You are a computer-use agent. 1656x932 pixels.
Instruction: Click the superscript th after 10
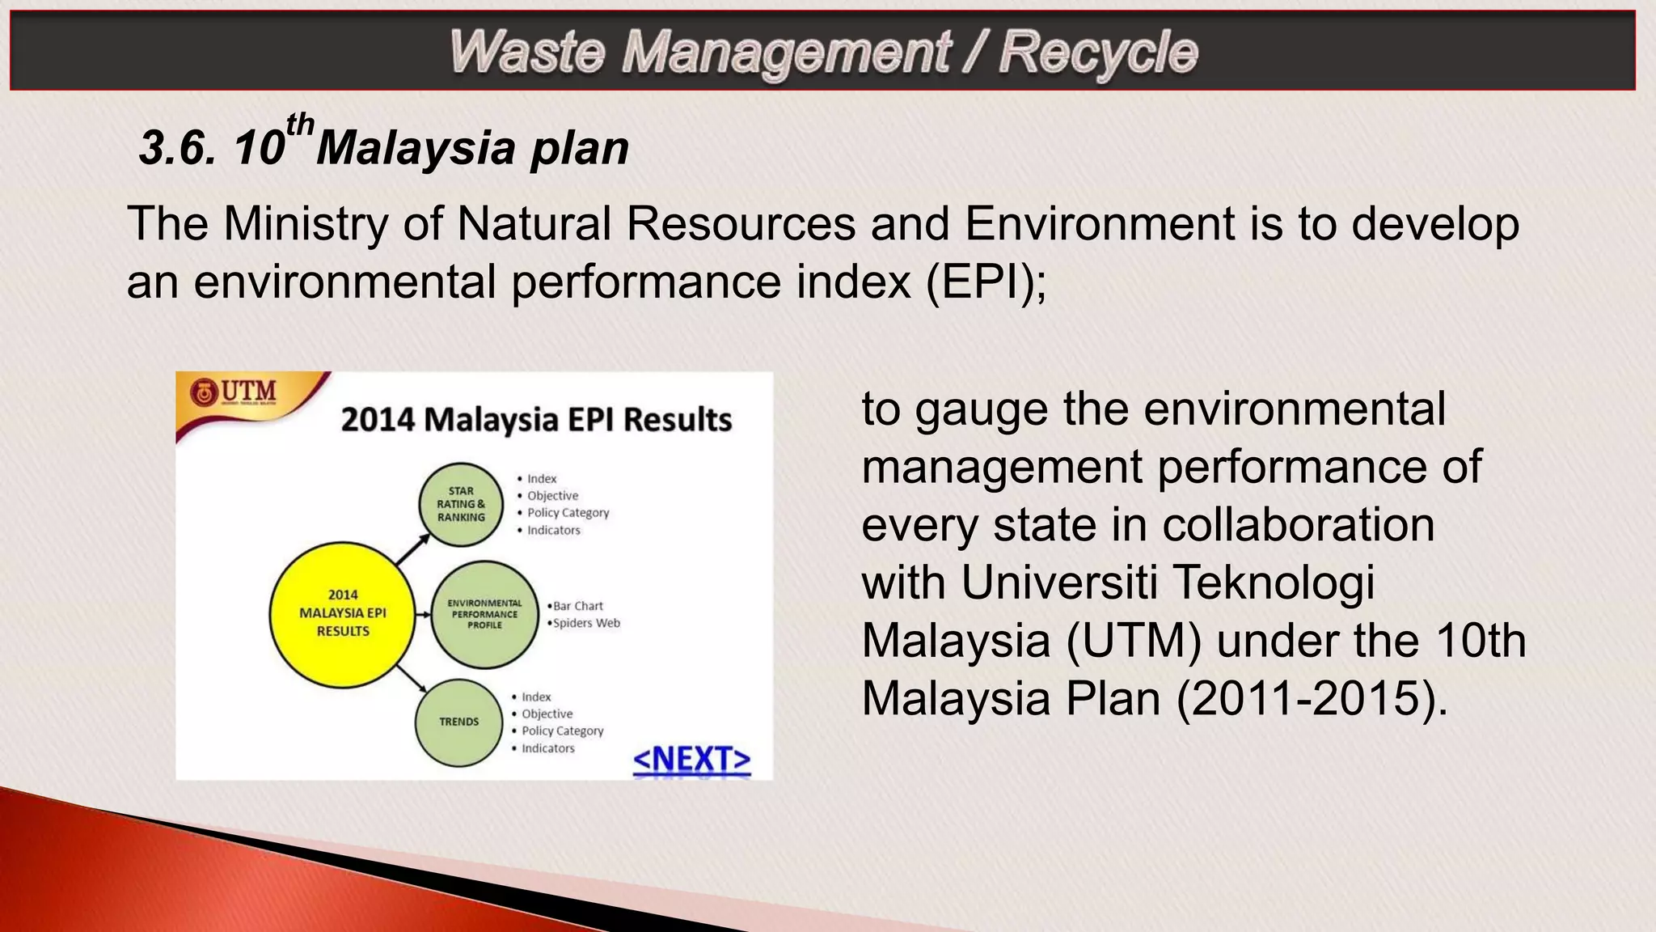point(300,125)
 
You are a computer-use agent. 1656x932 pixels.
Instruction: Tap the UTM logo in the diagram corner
point(234,392)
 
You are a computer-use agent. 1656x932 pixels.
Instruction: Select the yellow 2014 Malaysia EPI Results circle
point(342,613)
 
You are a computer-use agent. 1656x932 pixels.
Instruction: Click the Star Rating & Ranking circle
point(461,504)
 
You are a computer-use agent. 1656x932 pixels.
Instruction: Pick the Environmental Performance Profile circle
point(484,614)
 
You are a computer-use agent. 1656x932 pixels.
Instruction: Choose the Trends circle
point(458,722)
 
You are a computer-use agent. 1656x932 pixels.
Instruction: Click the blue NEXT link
point(691,760)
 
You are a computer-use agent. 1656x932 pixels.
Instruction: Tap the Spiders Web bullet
point(585,623)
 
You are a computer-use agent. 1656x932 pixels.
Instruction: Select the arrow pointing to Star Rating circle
point(412,549)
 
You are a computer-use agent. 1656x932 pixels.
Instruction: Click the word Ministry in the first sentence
point(306,224)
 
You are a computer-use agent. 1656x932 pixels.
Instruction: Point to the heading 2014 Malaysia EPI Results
point(536,420)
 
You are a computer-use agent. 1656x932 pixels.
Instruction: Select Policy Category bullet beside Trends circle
point(562,731)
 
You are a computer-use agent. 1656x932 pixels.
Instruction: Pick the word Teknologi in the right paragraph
point(1273,582)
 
